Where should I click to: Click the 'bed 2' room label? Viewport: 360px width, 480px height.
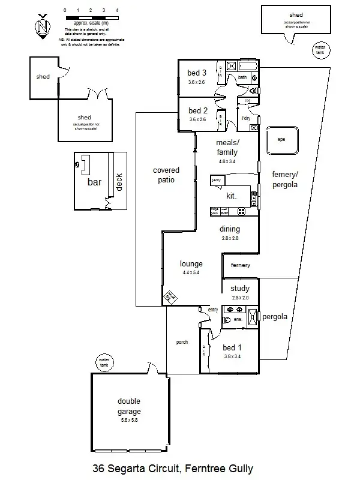pyautogui.click(x=198, y=110)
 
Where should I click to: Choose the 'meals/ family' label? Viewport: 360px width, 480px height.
pyautogui.click(x=227, y=148)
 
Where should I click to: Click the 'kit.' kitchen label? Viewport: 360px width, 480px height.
pyautogui.click(x=231, y=196)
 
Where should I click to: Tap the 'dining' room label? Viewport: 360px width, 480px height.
pyautogui.click(x=230, y=229)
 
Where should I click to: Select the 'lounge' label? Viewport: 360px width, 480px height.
pyautogui.click(x=191, y=263)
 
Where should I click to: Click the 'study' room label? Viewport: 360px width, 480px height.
pyautogui.click(x=240, y=289)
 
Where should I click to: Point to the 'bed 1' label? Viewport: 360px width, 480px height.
pyautogui.click(x=233, y=347)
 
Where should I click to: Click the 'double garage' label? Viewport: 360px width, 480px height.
pyautogui.click(x=129, y=406)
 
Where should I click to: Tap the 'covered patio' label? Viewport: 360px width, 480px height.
pyautogui.click(x=166, y=175)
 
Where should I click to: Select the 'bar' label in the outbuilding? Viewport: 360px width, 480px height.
pyautogui.click(x=95, y=182)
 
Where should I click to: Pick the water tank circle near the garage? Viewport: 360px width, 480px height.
pyautogui.click(x=104, y=362)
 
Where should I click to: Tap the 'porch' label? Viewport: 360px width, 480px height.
pyautogui.click(x=182, y=342)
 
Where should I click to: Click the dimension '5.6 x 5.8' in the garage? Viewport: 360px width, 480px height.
pyautogui.click(x=129, y=421)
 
